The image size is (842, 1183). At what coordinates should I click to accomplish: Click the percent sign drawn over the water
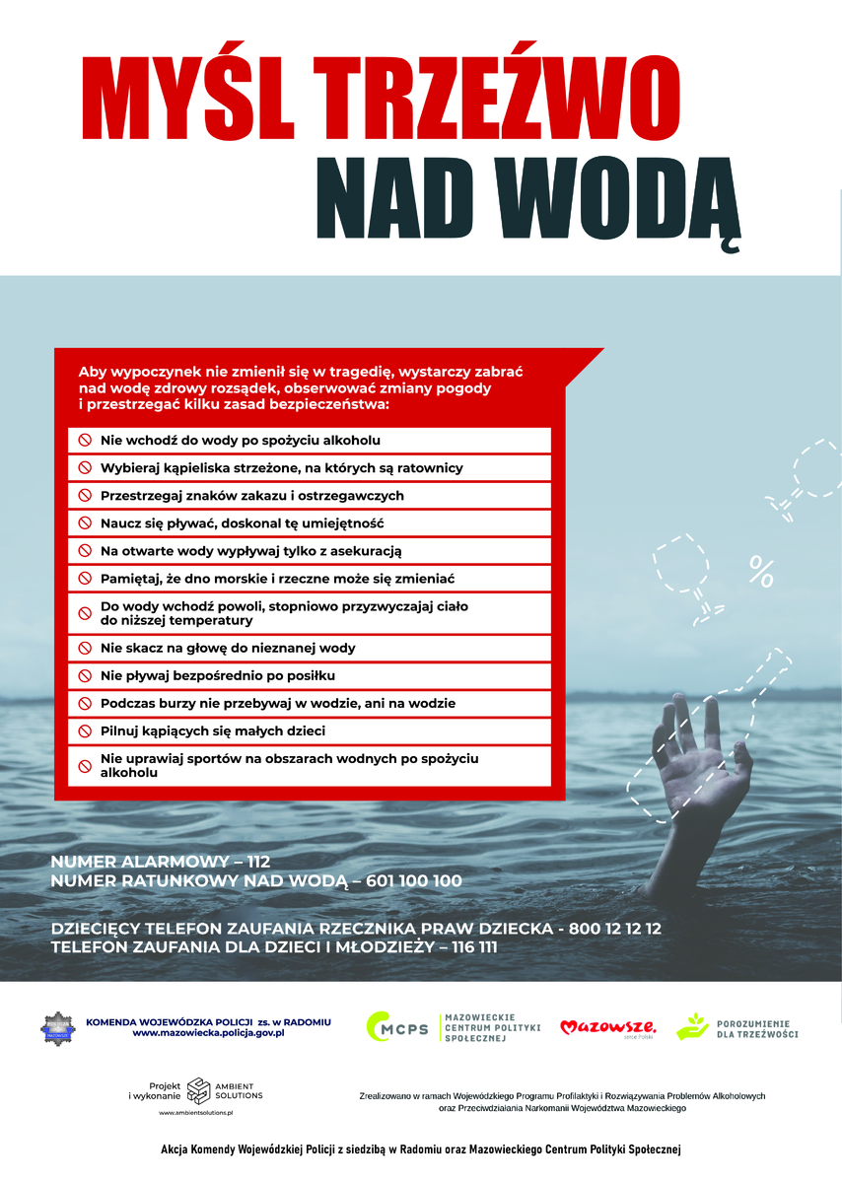(761, 570)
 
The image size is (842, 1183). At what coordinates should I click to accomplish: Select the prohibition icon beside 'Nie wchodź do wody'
(85, 440)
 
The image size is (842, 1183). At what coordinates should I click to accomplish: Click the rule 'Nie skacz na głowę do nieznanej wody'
(228, 648)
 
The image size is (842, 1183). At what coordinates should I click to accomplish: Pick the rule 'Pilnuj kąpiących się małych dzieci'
(213, 731)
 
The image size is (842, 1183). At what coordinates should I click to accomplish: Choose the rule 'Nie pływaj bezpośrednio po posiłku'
(218, 675)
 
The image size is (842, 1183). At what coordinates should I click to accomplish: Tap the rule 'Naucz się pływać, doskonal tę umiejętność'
(242, 522)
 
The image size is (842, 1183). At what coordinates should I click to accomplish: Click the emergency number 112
(258, 862)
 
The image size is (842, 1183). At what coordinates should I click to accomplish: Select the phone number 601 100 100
(413, 880)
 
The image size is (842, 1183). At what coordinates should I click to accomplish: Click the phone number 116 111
(474, 947)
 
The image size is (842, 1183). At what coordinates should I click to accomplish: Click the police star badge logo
(58, 1027)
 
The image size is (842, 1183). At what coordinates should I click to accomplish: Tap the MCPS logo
(397, 1027)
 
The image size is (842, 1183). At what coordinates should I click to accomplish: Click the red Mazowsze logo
(607, 1027)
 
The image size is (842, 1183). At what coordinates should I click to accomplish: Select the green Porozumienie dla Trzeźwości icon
(692, 1026)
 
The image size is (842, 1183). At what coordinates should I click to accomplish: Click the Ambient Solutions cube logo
(198, 1089)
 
